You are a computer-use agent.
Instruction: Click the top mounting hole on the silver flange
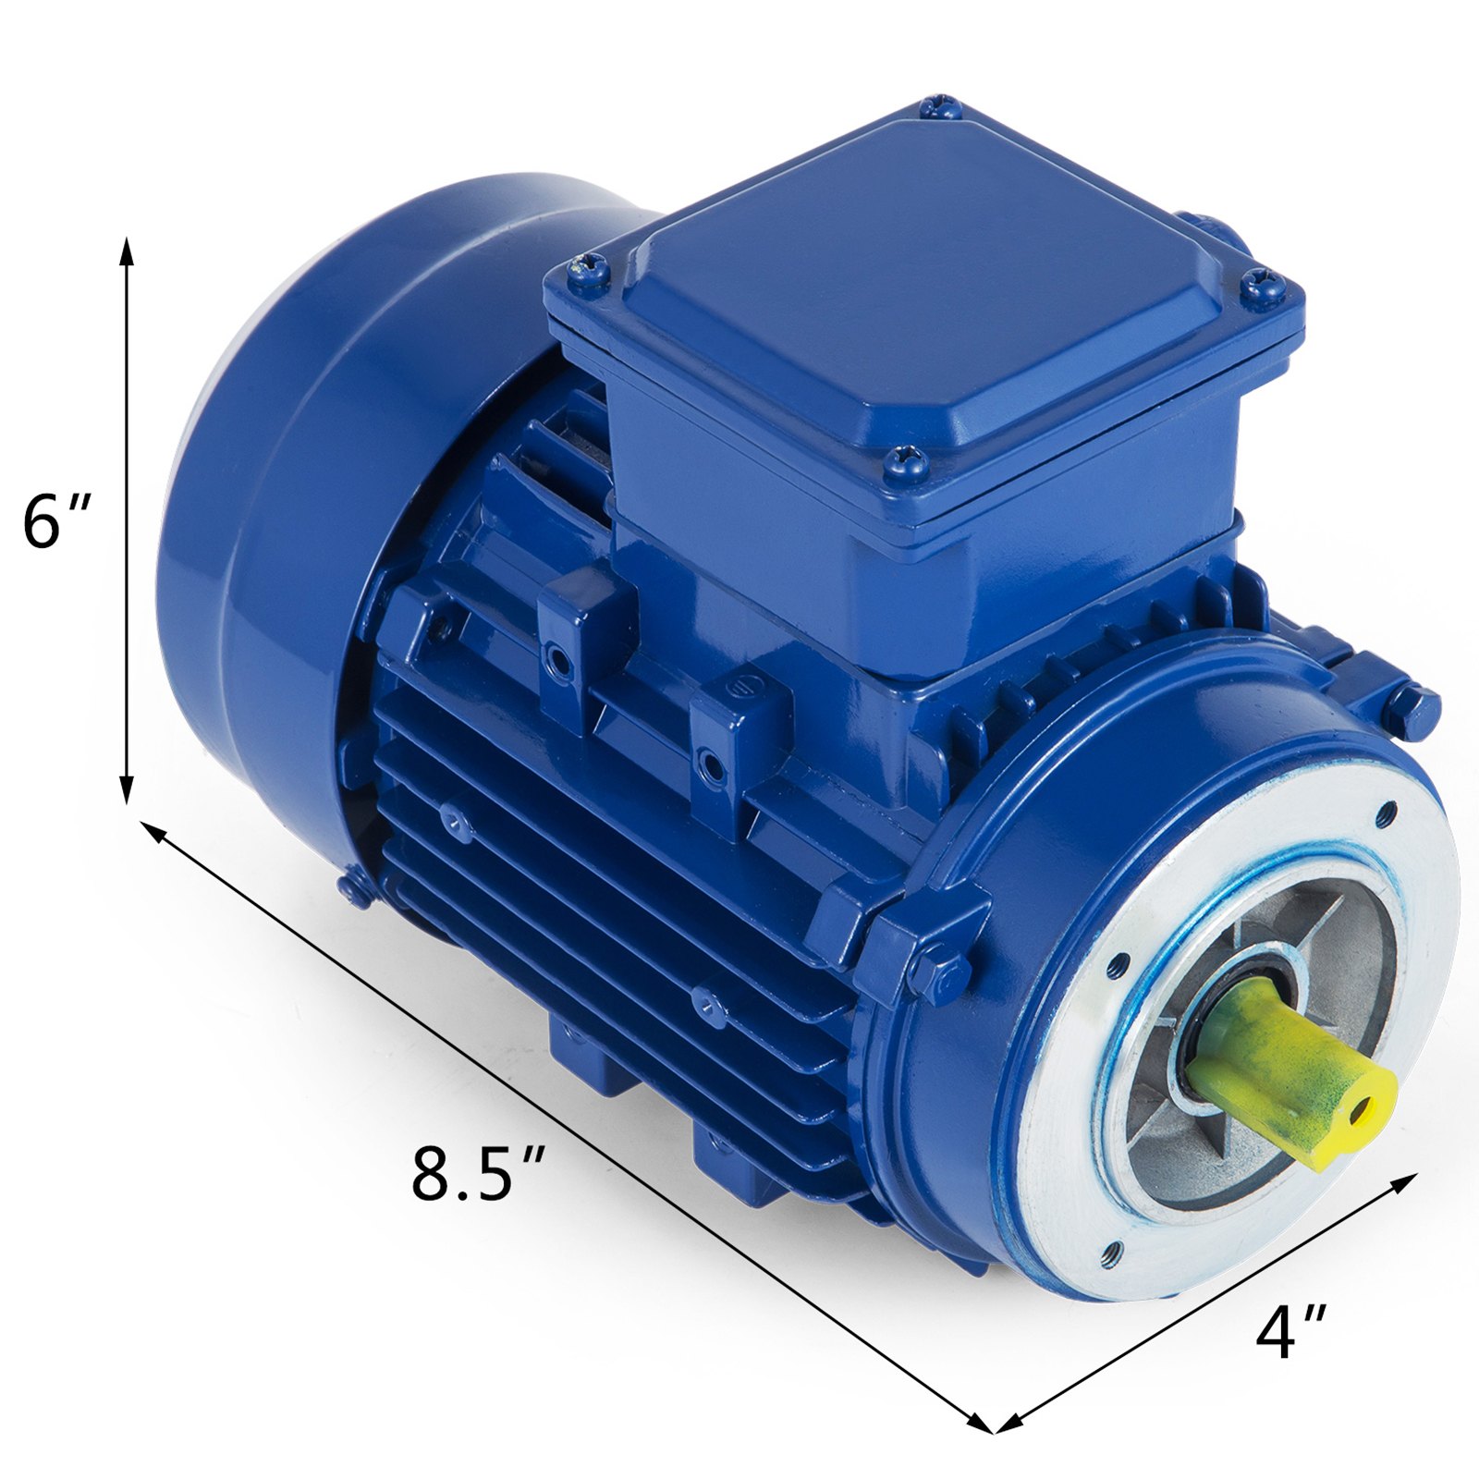pos(1386,813)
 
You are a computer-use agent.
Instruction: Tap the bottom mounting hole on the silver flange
pos(1110,1252)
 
